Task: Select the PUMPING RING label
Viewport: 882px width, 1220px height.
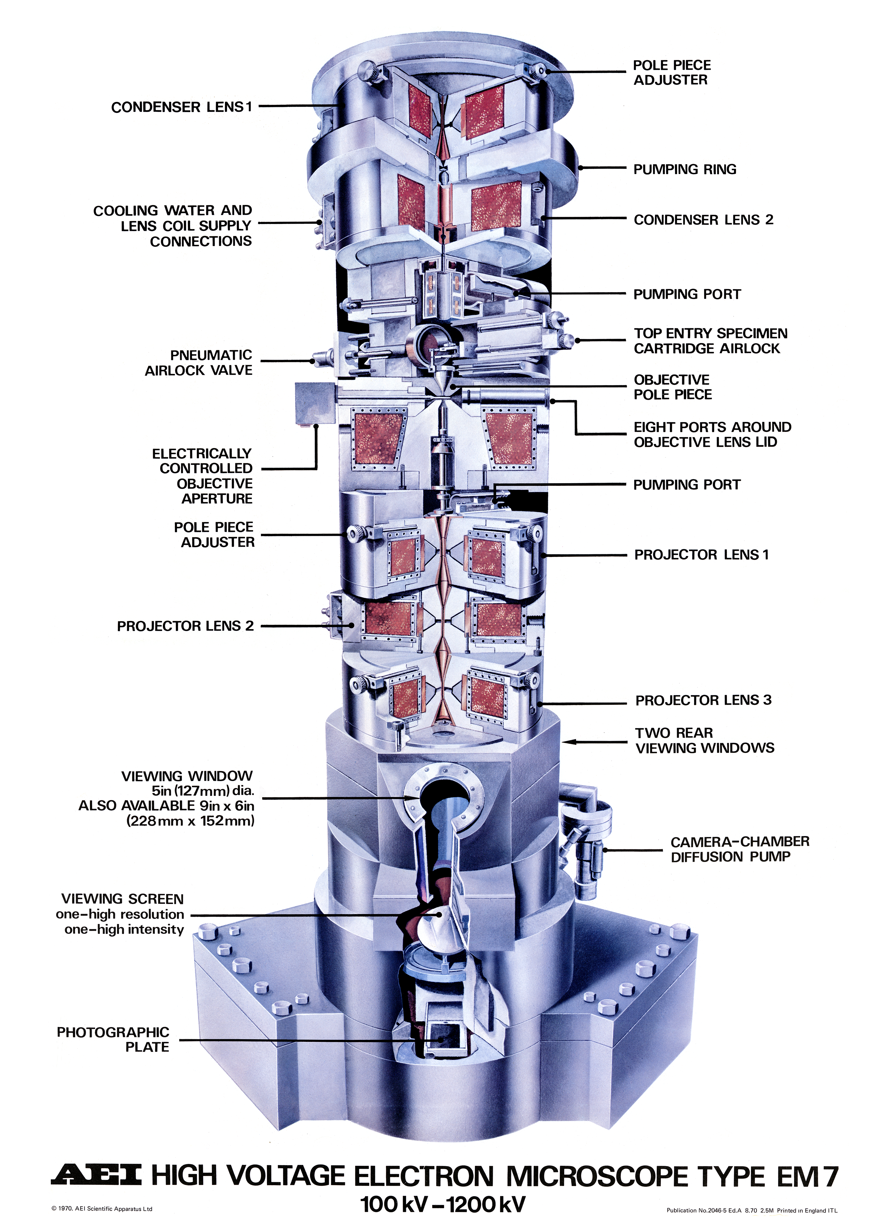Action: pos(685,169)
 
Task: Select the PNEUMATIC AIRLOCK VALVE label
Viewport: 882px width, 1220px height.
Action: pos(198,362)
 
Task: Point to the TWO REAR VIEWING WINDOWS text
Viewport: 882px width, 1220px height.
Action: pos(704,740)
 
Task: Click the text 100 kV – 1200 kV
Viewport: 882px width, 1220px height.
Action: pos(442,1204)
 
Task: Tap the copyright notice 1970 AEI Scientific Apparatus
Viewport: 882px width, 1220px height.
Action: pos(102,1209)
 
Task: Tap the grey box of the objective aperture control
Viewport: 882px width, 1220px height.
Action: pos(315,403)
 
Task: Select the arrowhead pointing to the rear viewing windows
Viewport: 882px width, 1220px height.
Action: pos(569,742)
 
